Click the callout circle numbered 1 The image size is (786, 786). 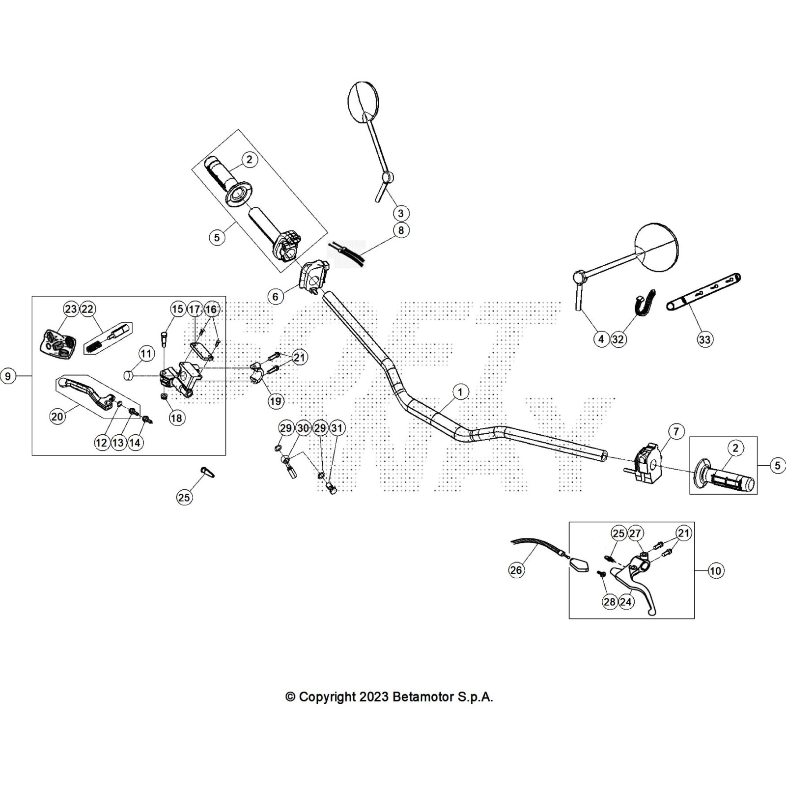point(460,392)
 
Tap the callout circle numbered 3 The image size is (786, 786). point(401,213)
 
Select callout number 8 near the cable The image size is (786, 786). point(401,230)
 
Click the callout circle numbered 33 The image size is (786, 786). point(704,339)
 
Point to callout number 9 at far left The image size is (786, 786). point(7,376)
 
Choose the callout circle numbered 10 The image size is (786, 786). point(715,570)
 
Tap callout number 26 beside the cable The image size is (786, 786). point(516,570)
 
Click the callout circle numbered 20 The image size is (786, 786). point(57,417)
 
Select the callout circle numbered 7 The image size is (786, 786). point(676,432)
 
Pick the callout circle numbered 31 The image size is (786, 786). point(337,428)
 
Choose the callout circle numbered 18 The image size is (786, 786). point(176,418)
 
